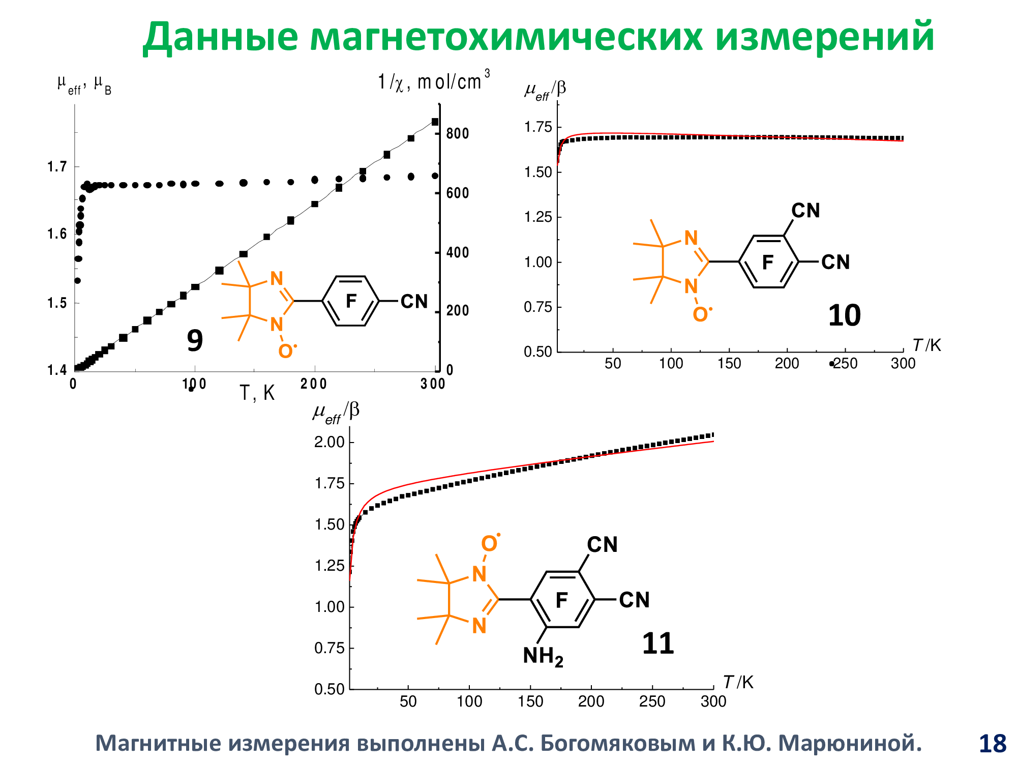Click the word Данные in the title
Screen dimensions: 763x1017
tap(220, 38)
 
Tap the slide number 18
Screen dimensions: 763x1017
tap(992, 744)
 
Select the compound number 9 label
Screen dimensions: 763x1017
tap(195, 340)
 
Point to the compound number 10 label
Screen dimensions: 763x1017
tap(844, 315)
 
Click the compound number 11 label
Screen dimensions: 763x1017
tap(657, 643)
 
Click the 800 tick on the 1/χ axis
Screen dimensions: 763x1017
tap(457, 134)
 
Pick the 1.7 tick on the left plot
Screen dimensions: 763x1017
tap(57, 167)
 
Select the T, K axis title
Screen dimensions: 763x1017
tap(257, 393)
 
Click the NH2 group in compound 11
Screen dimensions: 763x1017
tap(543, 657)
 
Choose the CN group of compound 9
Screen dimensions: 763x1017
tap(414, 302)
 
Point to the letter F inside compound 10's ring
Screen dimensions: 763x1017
tap(768, 262)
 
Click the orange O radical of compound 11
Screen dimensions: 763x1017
tap(489, 544)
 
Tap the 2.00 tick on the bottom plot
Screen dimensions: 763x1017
tap(330, 442)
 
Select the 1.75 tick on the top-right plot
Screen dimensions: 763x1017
tap(538, 127)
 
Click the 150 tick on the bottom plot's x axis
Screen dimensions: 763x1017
tap(530, 701)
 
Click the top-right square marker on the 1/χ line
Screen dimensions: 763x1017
tap(435, 122)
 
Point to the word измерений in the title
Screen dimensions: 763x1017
tap(825, 38)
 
